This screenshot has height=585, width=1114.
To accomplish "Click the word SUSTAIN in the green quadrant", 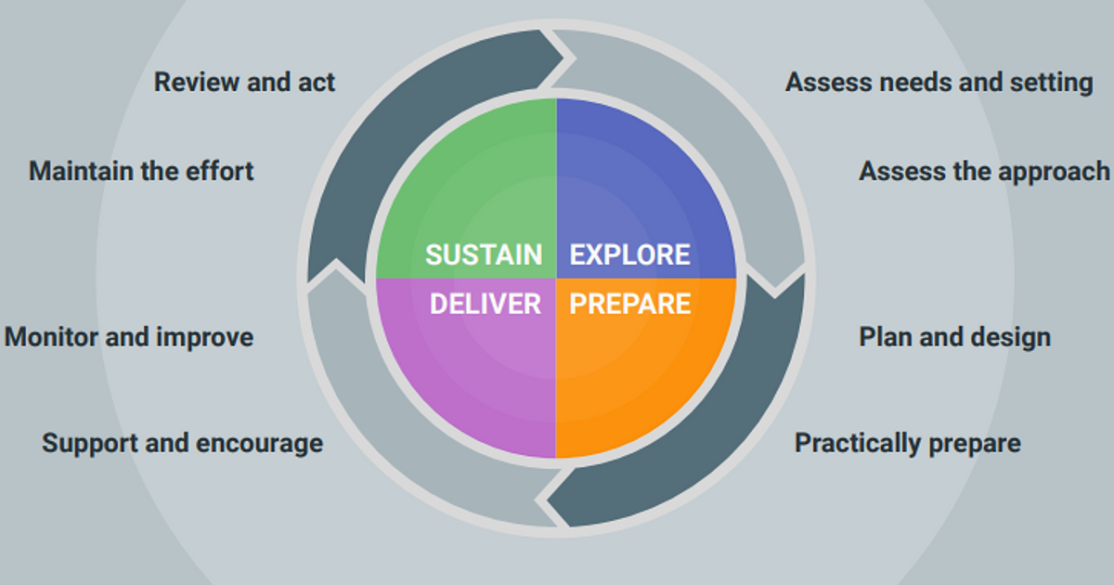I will point(484,254).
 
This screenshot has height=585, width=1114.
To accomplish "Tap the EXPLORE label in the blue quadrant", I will point(629,254).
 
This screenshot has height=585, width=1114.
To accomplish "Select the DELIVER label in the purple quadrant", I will point(485,304).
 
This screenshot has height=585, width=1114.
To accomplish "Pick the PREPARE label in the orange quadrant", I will point(629,304).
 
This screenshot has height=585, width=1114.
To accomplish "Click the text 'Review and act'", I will point(244,82).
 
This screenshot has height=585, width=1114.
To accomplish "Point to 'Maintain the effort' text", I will point(141,171).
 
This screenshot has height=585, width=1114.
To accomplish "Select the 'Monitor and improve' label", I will point(129,336).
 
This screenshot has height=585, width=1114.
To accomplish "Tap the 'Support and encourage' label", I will point(182,443).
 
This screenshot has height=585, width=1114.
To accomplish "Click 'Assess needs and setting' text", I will point(939,82).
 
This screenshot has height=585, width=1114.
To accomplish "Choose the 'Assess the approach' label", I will point(984,171).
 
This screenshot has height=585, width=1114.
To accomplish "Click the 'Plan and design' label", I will point(954,336).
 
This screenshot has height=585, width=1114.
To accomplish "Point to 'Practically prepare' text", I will point(907,443).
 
